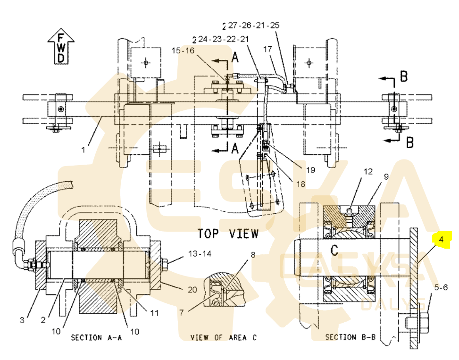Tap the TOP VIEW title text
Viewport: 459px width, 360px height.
[228, 233]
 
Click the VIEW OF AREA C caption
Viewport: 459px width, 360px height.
[224, 337]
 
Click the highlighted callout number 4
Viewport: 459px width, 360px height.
[441, 240]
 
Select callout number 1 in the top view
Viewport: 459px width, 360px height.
[83, 151]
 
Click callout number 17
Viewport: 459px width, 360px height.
[267, 50]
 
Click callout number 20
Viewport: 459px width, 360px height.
[192, 289]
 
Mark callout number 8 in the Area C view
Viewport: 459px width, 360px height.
[253, 255]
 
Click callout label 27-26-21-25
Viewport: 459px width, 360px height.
[253, 25]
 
